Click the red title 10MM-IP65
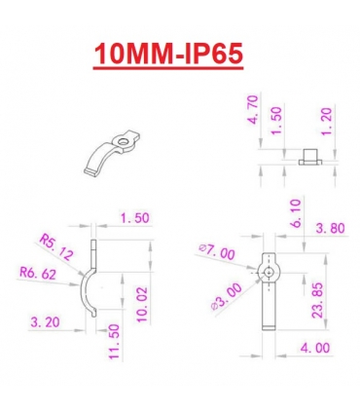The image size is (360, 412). click(x=167, y=54)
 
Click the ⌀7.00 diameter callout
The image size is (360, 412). click(x=216, y=253)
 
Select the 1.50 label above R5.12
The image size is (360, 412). click(x=133, y=218)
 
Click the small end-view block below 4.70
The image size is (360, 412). click(x=306, y=155)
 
